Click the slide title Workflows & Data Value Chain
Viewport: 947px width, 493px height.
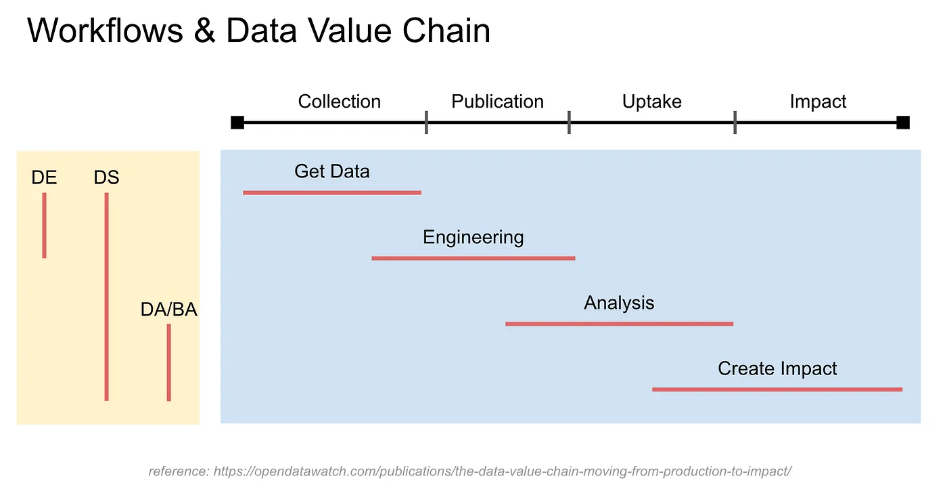click(x=258, y=31)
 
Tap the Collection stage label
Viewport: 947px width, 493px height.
click(x=340, y=102)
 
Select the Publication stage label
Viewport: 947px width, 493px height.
click(x=497, y=102)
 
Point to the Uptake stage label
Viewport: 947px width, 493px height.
click(x=652, y=102)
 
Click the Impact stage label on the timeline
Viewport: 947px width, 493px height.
click(x=818, y=102)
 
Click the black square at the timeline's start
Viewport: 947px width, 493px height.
click(x=237, y=123)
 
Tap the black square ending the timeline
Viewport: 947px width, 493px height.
click(x=903, y=123)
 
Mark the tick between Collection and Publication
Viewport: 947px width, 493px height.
click(x=426, y=123)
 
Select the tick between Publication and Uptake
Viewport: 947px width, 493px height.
click(x=569, y=123)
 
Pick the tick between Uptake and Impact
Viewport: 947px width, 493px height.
click(x=735, y=123)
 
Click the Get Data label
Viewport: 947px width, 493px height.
click(x=332, y=171)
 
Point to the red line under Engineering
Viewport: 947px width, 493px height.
click(x=473, y=258)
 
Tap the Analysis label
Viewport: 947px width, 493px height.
click(x=619, y=303)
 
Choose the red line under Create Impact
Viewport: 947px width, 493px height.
click(x=777, y=389)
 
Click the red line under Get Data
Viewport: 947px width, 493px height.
click(x=332, y=192)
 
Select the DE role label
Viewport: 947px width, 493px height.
click(x=44, y=177)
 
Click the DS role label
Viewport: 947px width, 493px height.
click(x=106, y=177)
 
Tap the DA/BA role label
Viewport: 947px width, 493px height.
click(x=168, y=309)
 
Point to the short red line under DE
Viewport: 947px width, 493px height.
click(x=45, y=225)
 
